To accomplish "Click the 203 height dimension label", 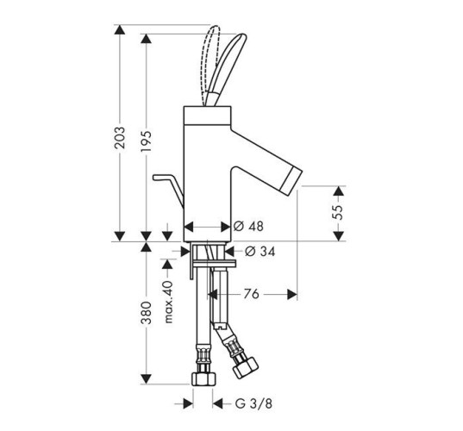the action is [x=120, y=138].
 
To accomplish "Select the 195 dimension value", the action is [x=146, y=141].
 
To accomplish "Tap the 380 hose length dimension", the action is [x=146, y=313].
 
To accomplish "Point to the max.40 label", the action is [x=168, y=302].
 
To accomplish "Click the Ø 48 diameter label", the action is [x=248, y=227].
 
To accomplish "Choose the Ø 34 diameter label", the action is [x=260, y=252].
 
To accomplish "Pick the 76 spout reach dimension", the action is [x=251, y=294].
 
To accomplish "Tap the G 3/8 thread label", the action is [x=253, y=403].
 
